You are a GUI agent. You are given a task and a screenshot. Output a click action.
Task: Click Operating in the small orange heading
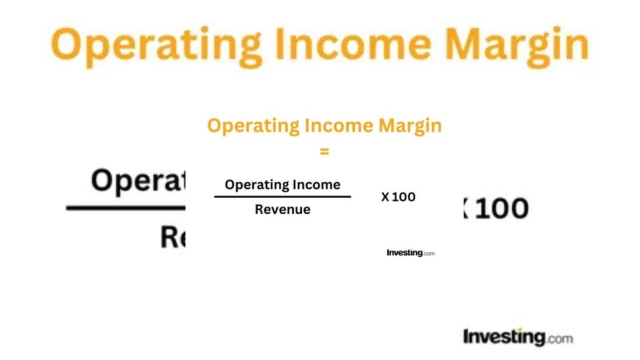(253, 126)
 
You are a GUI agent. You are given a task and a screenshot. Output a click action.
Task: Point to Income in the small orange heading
(339, 125)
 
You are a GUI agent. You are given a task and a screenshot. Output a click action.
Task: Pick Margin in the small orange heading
(410, 126)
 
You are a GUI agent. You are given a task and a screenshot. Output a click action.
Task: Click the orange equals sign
(325, 151)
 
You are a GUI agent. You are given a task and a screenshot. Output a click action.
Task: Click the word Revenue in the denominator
(282, 210)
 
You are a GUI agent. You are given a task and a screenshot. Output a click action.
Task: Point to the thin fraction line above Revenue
(282, 197)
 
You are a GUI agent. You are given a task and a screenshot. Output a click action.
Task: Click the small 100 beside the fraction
(404, 197)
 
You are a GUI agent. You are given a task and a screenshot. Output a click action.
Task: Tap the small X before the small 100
(385, 197)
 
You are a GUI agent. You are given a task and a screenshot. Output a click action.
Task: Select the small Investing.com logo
(410, 253)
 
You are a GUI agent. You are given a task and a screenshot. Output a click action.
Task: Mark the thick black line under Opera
(126, 208)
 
